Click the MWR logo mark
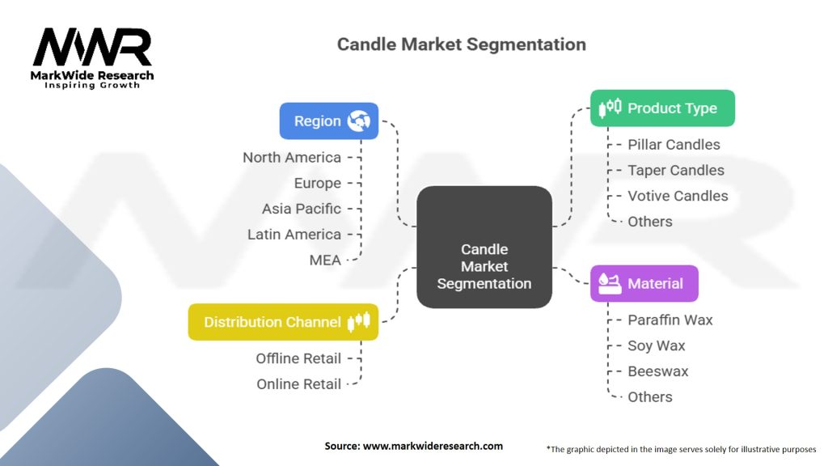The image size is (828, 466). pyautogui.click(x=92, y=47)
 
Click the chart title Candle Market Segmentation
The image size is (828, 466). pyautogui.click(x=462, y=44)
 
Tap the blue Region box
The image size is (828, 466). pyautogui.click(x=329, y=121)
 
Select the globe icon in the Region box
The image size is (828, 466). pyautogui.click(x=359, y=121)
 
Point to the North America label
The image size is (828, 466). pyautogui.click(x=292, y=158)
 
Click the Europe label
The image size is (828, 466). pyautogui.click(x=317, y=184)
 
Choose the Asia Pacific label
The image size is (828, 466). pyautogui.click(x=302, y=209)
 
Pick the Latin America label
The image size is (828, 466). pyautogui.click(x=294, y=234)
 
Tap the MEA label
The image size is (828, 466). pyautogui.click(x=325, y=260)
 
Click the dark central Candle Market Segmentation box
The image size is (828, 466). pyautogui.click(x=484, y=247)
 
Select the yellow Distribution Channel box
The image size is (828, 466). pyautogui.click(x=283, y=322)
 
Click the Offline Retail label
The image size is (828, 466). pyautogui.click(x=298, y=358)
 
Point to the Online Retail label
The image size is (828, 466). pyautogui.click(x=299, y=384)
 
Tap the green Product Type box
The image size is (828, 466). pyautogui.click(x=663, y=108)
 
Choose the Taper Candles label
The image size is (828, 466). pyautogui.click(x=676, y=170)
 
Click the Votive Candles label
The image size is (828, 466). pyautogui.click(x=678, y=196)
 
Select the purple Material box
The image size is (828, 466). pyautogui.click(x=644, y=284)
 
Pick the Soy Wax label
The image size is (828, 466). pyautogui.click(x=657, y=345)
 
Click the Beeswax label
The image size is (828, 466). pyautogui.click(x=658, y=371)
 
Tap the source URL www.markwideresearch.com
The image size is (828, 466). pyautogui.click(x=433, y=446)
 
